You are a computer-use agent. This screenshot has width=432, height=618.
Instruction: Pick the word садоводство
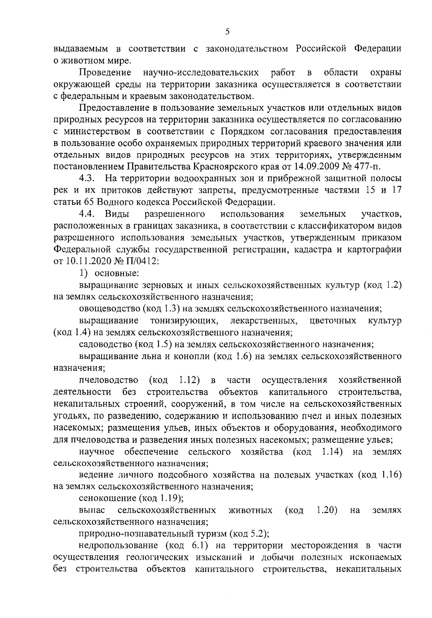105,345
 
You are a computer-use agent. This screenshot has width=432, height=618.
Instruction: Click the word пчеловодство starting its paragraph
109,380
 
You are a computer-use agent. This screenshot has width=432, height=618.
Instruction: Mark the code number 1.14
331,451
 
